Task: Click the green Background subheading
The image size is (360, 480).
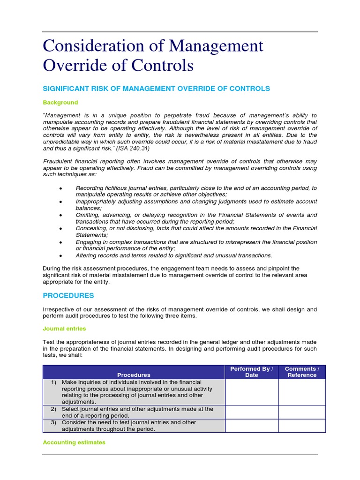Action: (x=60, y=102)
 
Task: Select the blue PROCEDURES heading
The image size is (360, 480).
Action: (x=68, y=296)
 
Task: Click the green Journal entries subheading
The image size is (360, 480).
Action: (x=64, y=329)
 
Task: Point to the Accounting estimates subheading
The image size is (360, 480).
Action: (x=74, y=442)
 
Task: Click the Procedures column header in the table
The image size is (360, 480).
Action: (x=134, y=375)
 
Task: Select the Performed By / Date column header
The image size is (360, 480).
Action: (x=251, y=372)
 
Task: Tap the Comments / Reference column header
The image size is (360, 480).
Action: (x=302, y=372)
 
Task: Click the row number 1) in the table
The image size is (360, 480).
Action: (x=55, y=382)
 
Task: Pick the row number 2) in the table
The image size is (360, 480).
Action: (x=55, y=409)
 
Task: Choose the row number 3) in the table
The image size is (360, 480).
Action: (x=55, y=422)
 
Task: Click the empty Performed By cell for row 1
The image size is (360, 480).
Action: (x=251, y=392)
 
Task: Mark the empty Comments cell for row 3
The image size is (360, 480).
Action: (x=302, y=426)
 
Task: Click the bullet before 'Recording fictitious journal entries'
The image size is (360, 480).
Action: (x=61, y=188)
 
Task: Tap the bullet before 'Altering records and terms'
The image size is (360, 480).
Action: (x=61, y=255)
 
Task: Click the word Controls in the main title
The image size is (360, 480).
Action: (x=162, y=65)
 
